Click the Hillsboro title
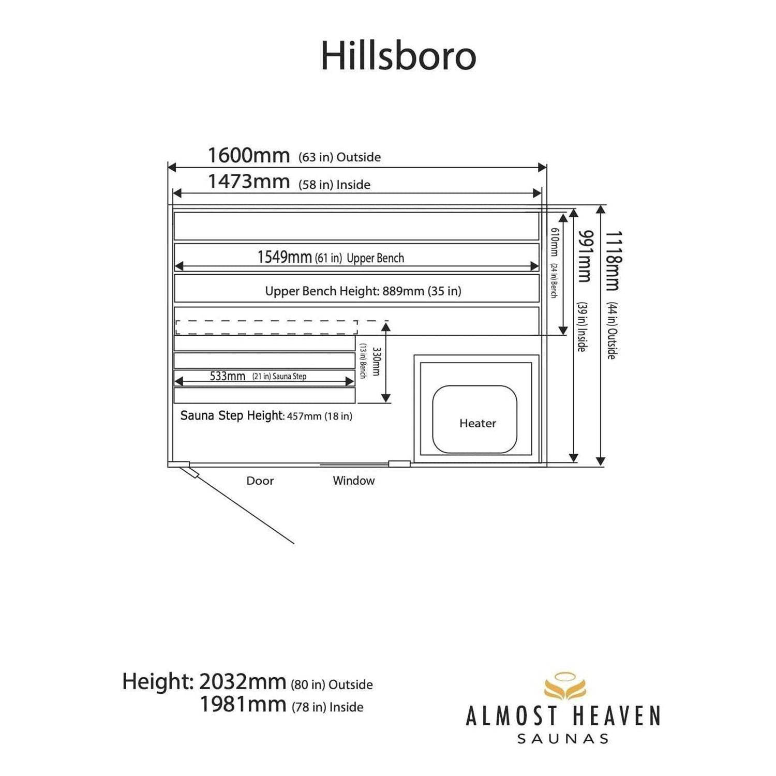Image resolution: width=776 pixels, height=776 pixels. (398, 55)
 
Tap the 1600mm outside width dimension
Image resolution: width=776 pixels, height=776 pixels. (249, 155)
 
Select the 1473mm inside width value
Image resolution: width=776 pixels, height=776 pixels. (249, 182)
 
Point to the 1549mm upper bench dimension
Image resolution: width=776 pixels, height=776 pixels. (285, 257)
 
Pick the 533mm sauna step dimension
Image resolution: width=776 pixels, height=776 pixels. (228, 376)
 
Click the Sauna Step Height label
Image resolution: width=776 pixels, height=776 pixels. (232, 415)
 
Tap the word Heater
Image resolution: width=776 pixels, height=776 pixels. (477, 423)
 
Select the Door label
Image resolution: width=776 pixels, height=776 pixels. (260, 481)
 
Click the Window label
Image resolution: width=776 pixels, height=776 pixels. (354, 481)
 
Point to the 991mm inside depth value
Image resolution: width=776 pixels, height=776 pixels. (585, 256)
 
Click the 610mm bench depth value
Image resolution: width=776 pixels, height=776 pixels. (554, 242)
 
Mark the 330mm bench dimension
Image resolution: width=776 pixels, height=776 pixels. (376, 362)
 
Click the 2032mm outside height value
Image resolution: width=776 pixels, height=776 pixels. (243, 682)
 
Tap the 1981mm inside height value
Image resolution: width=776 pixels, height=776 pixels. (243, 704)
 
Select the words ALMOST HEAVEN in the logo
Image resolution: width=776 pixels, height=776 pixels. (563, 717)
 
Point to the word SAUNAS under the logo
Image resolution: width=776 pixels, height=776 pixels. (563, 739)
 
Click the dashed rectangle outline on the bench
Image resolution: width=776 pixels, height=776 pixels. (266, 321)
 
